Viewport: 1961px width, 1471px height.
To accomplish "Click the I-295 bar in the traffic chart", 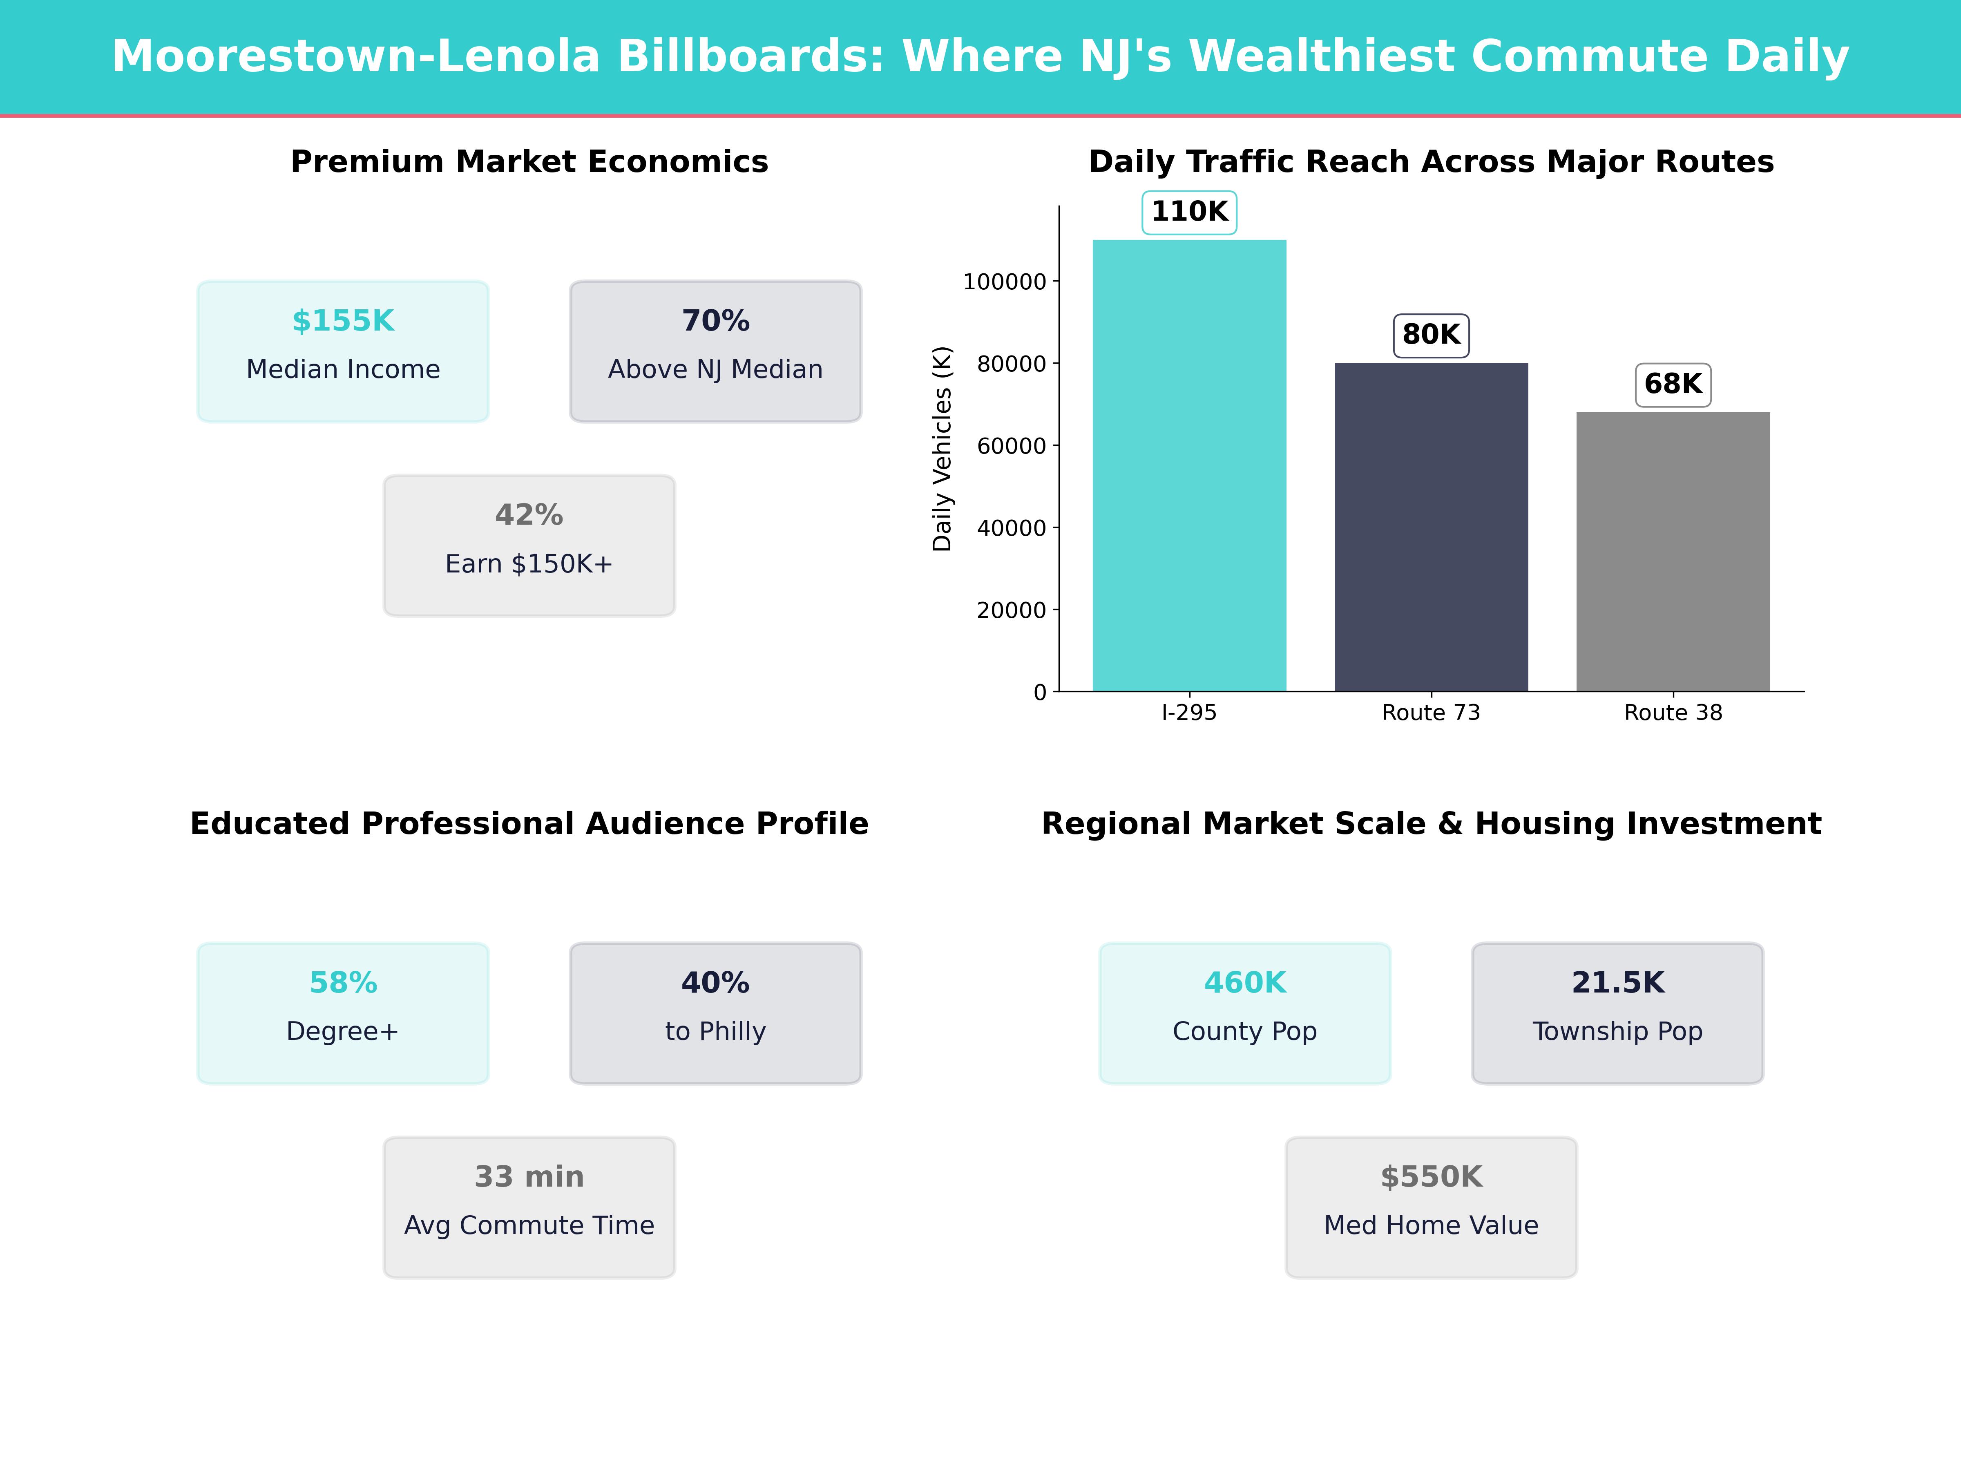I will tap(1189, 465).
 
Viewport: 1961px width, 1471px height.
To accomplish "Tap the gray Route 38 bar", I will tap(1673, 552).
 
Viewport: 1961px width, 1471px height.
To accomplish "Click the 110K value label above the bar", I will tap(1189, 212).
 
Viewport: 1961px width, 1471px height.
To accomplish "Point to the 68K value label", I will tap(1673, 384).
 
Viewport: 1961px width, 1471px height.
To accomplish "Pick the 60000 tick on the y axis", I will tap(1012, 446).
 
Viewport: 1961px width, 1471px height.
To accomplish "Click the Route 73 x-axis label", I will tap(1431, 713).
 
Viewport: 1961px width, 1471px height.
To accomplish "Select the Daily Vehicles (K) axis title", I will tap(942, 449).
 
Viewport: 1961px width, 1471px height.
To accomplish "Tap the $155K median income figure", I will tap(343, 321).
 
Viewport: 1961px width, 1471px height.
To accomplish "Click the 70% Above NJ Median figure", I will tap(715, 321).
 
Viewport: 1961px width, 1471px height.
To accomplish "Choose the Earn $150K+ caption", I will tap(529, 564).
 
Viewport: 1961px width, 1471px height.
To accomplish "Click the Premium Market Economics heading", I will tap(529, 162).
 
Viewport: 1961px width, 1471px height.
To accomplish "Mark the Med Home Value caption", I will tap(1431, 1225).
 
